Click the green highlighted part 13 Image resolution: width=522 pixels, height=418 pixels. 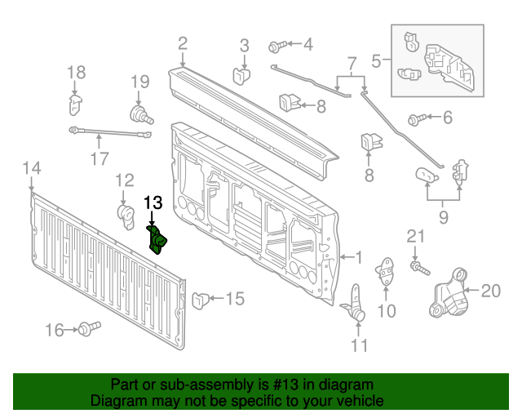[x=157, y=239]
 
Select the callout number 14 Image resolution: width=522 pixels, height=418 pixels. [x=31, y=168]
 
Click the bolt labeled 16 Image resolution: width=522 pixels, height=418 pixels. [x=86, y=328]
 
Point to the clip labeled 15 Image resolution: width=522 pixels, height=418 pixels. [x=199, y=300]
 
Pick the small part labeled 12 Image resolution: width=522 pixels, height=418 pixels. [x=126, y=216]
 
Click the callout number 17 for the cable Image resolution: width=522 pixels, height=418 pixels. [x=98, y=158]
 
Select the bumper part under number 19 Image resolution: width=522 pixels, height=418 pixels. [x=140, y=114]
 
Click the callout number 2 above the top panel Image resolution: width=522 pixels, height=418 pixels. [x=182, y=42]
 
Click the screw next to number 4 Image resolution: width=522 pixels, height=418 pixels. [x=275, y=46]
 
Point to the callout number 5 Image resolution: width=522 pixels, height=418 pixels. [x=376, y=60]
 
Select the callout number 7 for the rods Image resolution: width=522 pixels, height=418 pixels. [x=352, y=62]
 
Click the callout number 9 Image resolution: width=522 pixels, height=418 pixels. [x=444, y=217]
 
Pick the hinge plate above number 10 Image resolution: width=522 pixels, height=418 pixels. [x=386, y=272]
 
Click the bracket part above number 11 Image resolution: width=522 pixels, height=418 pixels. [x=356, y=302]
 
